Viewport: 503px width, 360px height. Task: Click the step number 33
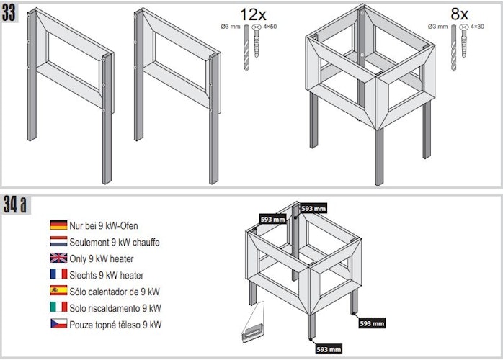tap(9, 13)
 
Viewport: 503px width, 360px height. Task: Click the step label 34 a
tap(14, 204)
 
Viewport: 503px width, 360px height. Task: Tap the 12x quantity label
tap(253, 14)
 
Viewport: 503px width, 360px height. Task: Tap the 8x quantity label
tap(459, 14)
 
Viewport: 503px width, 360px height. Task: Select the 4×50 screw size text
tap(270, 27)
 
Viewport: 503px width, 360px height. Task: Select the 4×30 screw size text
tap(477, 27)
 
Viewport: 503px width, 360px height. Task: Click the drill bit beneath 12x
tap(246, 48)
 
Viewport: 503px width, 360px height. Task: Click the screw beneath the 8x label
tap(464, 41)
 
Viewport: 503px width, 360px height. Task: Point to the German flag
tap(58, 225)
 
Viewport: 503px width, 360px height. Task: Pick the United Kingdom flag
tap(58, 258)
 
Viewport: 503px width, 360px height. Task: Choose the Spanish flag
tap(58, 290)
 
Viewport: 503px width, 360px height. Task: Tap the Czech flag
tap(58, 323)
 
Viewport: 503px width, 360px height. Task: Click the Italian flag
tap(58, 307)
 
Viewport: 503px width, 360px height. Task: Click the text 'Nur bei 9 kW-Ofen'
tap(104, 225)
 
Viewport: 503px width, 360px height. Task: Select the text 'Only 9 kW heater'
tap(102, 258)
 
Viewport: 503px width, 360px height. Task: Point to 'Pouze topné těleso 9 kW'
tap(115, 325)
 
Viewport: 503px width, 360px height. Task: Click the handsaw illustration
tap(254, 322)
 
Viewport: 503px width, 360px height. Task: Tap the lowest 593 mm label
tap(329, 349)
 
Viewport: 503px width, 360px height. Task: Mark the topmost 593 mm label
tap(313, 209)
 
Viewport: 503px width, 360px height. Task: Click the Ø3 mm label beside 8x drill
tap(437, 27)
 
